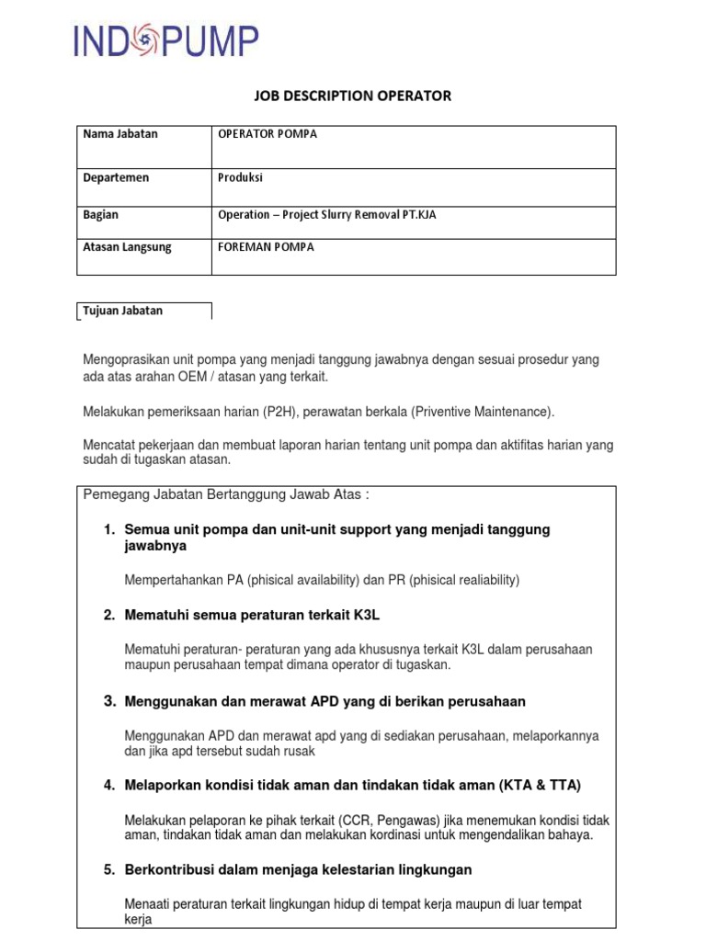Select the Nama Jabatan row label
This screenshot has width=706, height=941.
[x=120, y=134]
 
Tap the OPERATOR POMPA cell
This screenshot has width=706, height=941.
[x=268, y=134]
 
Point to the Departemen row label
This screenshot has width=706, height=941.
[x=116, y=177]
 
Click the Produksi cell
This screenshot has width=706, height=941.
[x=240, y=177]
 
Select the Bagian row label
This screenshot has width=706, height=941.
[x=101, y=215]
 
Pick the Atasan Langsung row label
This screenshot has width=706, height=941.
[x=127, y=247]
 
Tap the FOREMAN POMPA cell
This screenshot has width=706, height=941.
[x=266, y=247]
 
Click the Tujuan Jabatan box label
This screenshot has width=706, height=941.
[x=123, y=311]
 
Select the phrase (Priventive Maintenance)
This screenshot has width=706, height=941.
[x=481, y=411]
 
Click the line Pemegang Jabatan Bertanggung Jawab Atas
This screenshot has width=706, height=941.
[x=226, y=495]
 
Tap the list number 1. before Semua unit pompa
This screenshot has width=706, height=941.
[x=109, y=530]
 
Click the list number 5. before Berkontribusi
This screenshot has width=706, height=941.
[x=109, y=869]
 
